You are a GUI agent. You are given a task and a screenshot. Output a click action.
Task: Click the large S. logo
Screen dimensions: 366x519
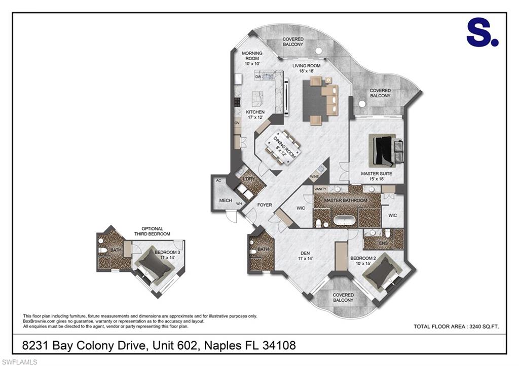point(482,33)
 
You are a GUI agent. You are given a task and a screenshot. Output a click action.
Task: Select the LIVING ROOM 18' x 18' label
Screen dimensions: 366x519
point(307,68)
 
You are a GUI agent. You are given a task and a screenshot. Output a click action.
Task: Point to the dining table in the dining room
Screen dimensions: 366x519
point(280,146)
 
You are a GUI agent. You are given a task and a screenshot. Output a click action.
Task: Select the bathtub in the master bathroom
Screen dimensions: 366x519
point(345,222)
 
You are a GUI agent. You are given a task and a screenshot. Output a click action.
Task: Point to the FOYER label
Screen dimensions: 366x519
point(265,205)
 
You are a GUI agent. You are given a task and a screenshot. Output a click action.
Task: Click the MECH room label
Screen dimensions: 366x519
point(225,201)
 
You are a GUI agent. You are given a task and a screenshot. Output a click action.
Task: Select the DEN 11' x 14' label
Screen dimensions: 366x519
point(305,256)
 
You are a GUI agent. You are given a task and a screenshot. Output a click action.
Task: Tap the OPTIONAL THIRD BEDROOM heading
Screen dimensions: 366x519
point(152,231)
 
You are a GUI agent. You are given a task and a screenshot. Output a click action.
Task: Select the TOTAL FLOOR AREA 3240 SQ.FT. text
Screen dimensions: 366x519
point(456,327)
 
